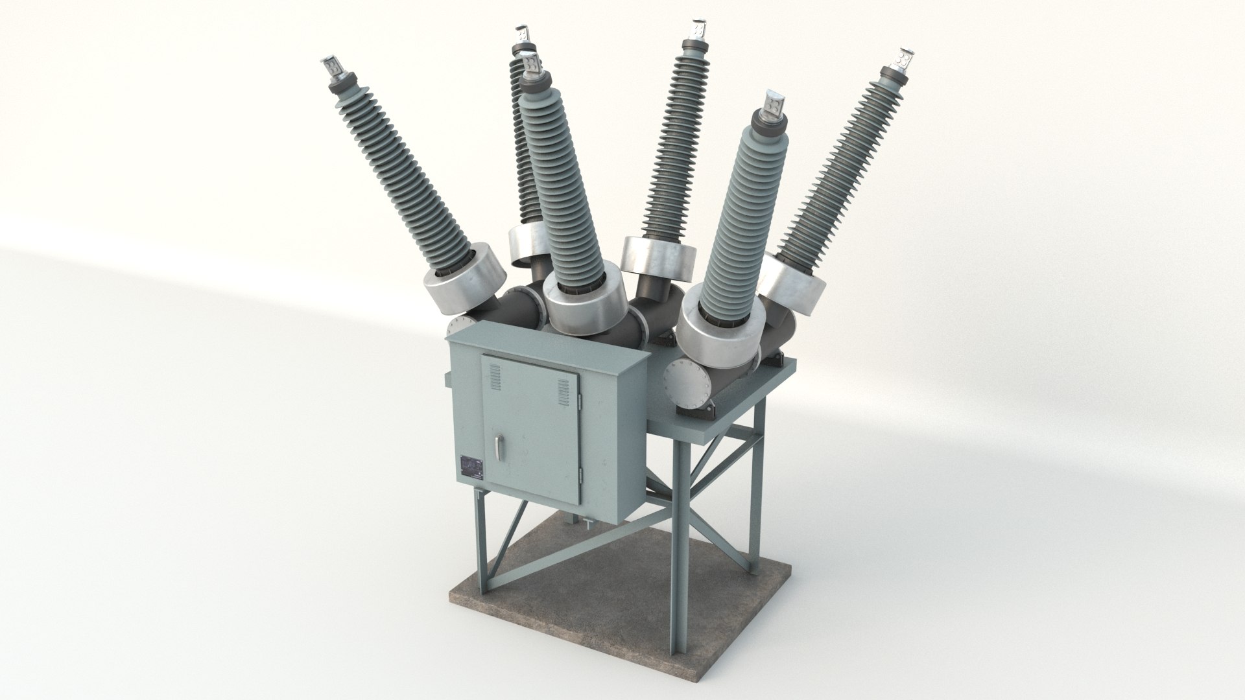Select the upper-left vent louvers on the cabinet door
click(495, 377)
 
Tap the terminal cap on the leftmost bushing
click(331, 67)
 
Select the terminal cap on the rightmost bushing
click(902, 60)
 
